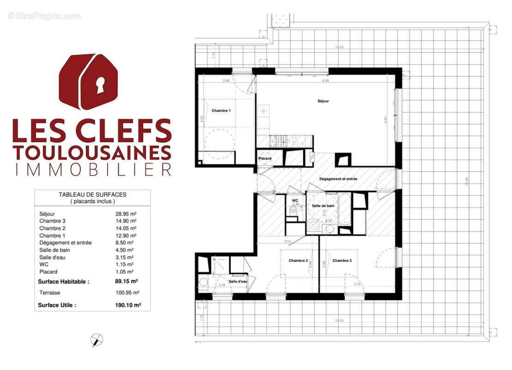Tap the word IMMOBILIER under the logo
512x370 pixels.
(x=93, y=169)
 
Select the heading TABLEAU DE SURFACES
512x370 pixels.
(x=92, y=195)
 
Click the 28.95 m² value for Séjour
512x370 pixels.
(x=126, y=214)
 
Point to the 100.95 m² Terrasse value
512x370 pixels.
(x=127, y=293)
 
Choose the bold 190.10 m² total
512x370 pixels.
(x=128, y=305)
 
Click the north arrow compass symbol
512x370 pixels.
(x=96, y=340)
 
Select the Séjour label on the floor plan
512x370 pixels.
(x=323, y=101)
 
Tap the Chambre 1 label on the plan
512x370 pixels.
(x=221, y=111)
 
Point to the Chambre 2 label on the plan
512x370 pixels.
(x=298, y=261)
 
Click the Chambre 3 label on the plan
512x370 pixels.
(x=342, y=261)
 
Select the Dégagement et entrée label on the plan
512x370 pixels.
(x=338, y=179)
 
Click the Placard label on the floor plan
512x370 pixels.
(x=265, y=159)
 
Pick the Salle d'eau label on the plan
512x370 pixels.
(x=238, y=282)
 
